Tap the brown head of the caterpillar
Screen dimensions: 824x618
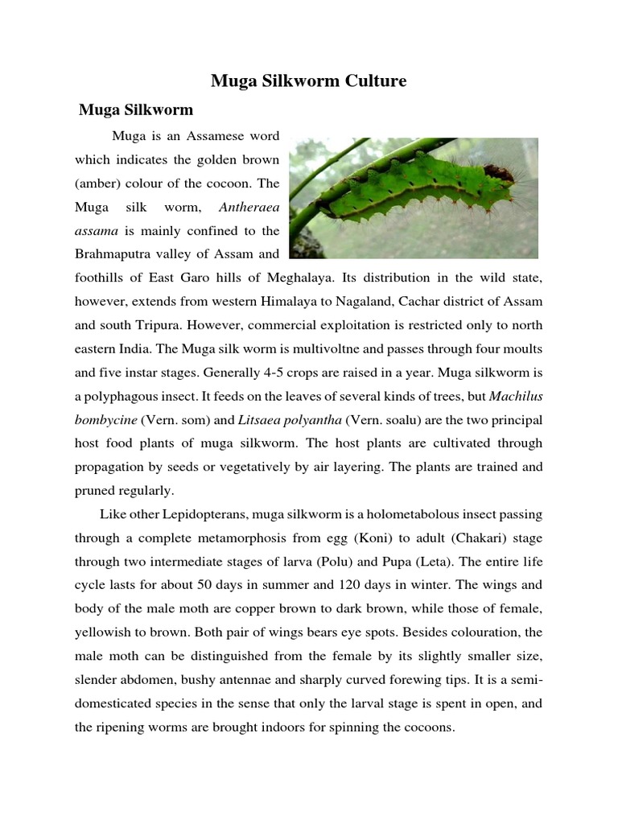(500, 172)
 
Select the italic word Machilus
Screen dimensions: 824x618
(515, 396)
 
